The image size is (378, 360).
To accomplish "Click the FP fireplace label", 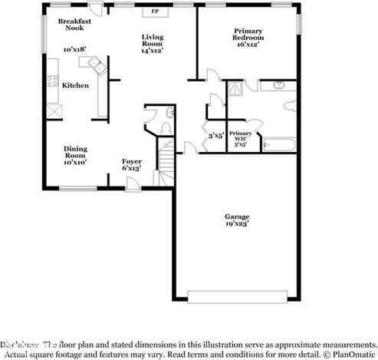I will click(155, 12).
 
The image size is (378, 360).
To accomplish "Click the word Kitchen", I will click(74, 85).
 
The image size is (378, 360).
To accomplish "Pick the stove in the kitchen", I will click(53, 80).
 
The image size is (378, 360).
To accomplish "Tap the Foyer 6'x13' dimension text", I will click(132, 167).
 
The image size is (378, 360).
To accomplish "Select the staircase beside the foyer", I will click(166, 160).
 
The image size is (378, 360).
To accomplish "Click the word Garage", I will click(235, 217).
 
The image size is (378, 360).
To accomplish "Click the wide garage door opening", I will click(238, 296).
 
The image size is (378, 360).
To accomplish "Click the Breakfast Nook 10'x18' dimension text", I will click(74, 49).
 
